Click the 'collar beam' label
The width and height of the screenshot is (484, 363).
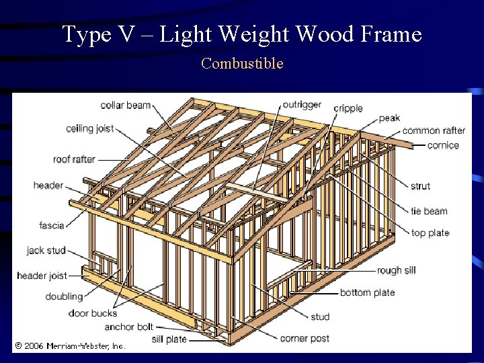click(x=125, y=106)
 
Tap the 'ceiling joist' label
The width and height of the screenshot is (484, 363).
click(x=89, y=128)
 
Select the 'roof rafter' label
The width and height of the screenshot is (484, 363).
click(x=74, y=159)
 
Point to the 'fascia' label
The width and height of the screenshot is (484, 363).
click(x=52, y=225)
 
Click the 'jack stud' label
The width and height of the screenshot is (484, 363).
click(x=46, y=250)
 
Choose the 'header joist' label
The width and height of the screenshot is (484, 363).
click(x=42, y=276)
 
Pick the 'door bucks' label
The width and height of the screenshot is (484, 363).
click(x=92, y=313)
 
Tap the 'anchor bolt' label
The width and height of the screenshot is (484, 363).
click(x=128, y=327)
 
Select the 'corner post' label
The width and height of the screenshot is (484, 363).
click(x=305, y=338)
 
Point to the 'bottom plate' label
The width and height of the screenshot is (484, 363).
click(x=367, y=292)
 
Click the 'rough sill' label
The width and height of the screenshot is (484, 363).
click(x=396, y=270)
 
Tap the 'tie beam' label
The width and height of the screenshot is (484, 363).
click(x=429, y=211)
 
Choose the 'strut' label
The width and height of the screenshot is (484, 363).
click(x=420, y=186)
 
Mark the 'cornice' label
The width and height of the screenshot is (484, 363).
click(x=443, y=145)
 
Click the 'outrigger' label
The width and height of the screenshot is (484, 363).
click(x=301, y=105)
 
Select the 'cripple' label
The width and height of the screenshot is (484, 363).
click(x=348, y=108)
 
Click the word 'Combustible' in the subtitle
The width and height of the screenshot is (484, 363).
click(x=242, y=64)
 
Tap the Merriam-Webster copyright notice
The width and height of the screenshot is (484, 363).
click(x=70, y=346)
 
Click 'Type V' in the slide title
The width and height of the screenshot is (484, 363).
click(x=86, y=34)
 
